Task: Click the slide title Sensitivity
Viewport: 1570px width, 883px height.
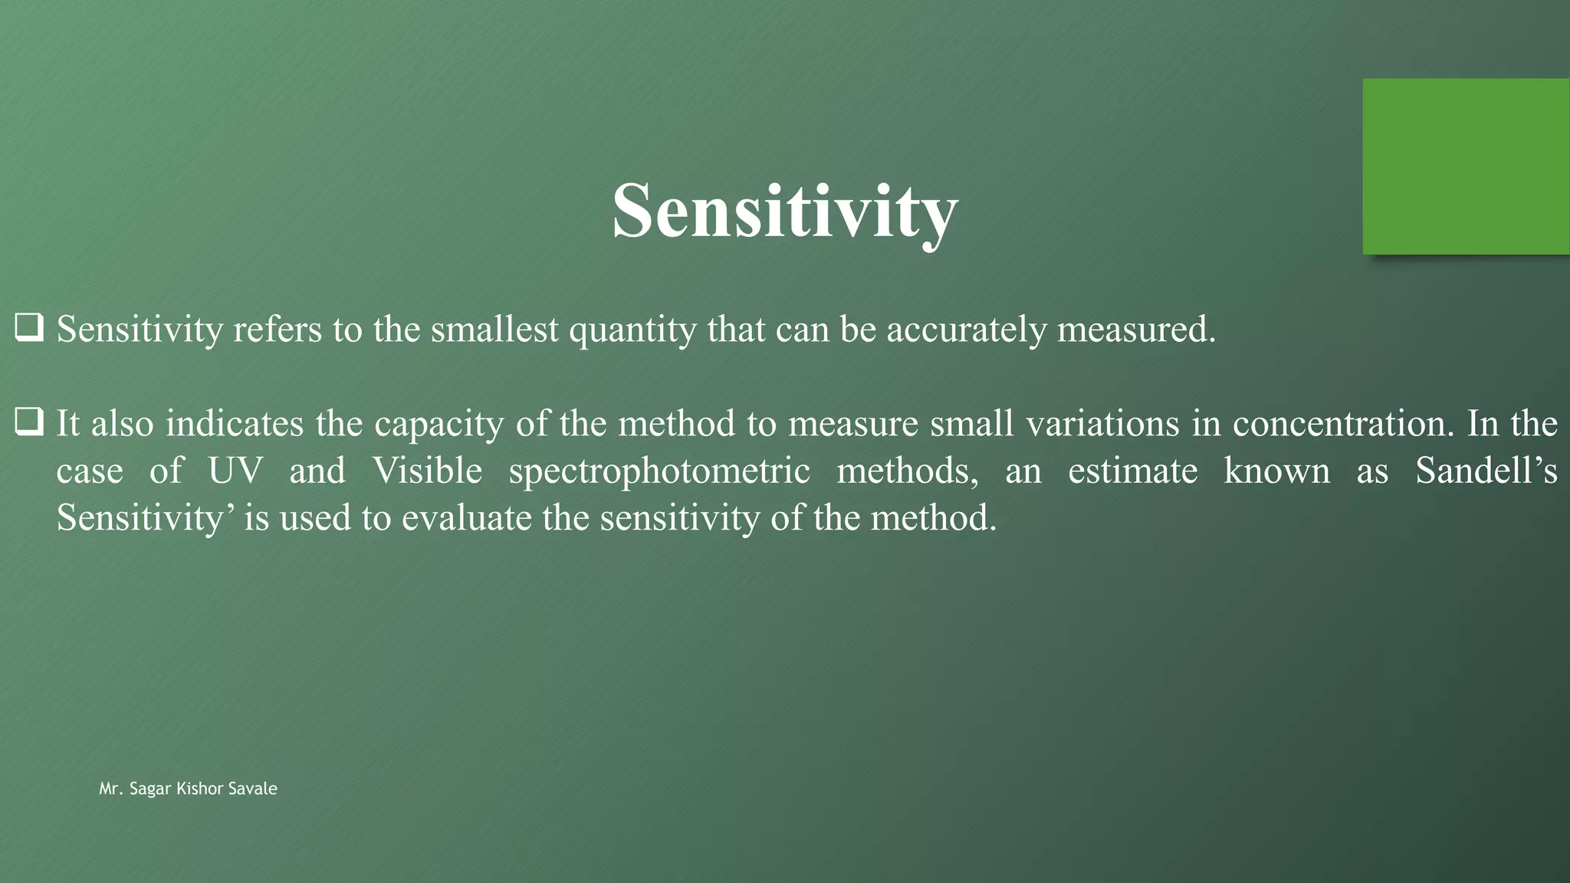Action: click(x=784, y=212)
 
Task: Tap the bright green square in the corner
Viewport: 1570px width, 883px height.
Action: click(x=1466, y=166)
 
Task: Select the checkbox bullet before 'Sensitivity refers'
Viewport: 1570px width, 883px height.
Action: click(x=29, y=329)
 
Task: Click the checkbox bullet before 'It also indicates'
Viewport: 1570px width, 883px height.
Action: click(x=29, y=423)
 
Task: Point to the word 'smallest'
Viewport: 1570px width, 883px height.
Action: click(x=494, y=330)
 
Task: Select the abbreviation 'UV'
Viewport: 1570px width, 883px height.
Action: click(x=235, y=471)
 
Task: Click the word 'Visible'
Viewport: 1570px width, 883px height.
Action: click(x=427, y=471)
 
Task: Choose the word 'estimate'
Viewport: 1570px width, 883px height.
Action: click(x=1132, y=471)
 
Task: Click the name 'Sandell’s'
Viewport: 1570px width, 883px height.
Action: click(x=1486, y=471)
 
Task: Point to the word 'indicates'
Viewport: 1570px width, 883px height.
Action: click(x=235, y=423)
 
